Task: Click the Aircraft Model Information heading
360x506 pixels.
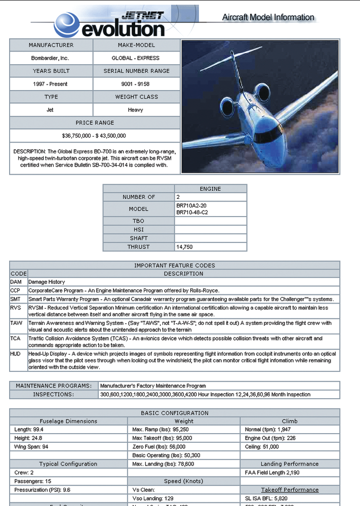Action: (x=268, y=17)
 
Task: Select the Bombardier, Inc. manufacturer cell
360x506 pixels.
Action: (x=51, y=58)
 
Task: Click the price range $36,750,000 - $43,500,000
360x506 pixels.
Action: (x=94, y=136)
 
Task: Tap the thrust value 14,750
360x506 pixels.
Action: (x=184, y=247)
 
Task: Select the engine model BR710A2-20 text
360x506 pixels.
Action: (x=192, y=205)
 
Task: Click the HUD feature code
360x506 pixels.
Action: (x=15, y=354)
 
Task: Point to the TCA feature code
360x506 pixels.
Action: (x=15, y=338)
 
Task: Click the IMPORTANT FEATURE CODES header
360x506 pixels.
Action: (x=174, y=265)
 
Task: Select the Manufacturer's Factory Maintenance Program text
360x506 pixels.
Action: (x=153, y=386)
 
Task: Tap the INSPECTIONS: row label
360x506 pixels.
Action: (x=53, y=394)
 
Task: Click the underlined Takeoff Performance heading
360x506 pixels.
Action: (x=290, y=490)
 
